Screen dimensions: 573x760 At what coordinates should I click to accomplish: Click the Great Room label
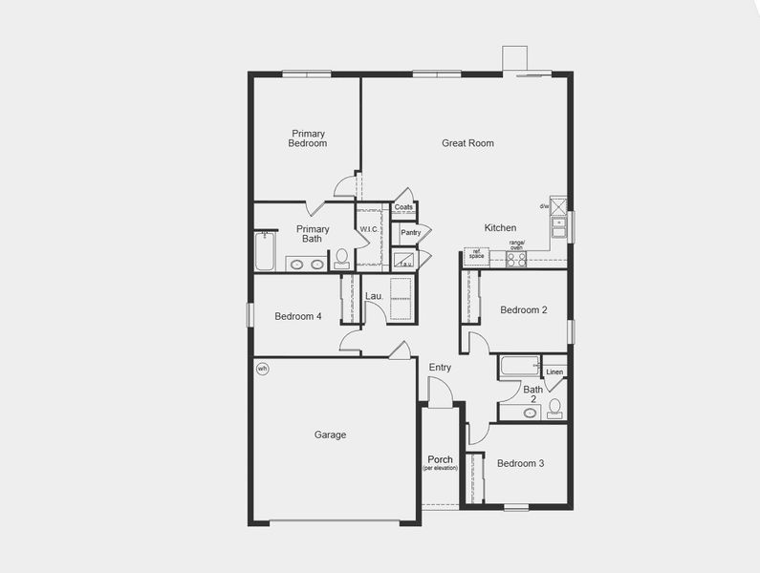(467, 143)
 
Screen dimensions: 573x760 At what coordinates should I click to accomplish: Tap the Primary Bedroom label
(308, 138)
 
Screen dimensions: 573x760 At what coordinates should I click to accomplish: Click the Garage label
(331, 435)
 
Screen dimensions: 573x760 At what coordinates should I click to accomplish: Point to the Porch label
(441, 459)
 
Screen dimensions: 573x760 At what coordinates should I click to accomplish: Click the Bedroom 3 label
(521, 463)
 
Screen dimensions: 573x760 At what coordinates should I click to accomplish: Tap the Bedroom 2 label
(524, 309)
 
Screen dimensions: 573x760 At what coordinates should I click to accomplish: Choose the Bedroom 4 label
(297, 317)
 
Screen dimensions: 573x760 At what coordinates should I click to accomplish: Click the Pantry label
(411, 232)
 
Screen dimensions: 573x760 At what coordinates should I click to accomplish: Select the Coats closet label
(404, 207)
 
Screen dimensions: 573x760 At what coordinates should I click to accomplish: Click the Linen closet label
(554, 371)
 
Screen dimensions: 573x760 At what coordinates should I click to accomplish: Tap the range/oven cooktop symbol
(516, 258)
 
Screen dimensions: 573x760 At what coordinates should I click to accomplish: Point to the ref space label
(476, 255)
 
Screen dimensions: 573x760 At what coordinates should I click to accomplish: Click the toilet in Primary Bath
(341, 258)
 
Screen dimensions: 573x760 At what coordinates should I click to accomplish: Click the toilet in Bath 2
(554, 409)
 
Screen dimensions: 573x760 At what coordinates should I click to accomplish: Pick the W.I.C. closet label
(369, 229)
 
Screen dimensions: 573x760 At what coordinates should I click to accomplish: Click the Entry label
(440, 368)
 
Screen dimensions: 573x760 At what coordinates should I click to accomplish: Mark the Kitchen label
(500, 227)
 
